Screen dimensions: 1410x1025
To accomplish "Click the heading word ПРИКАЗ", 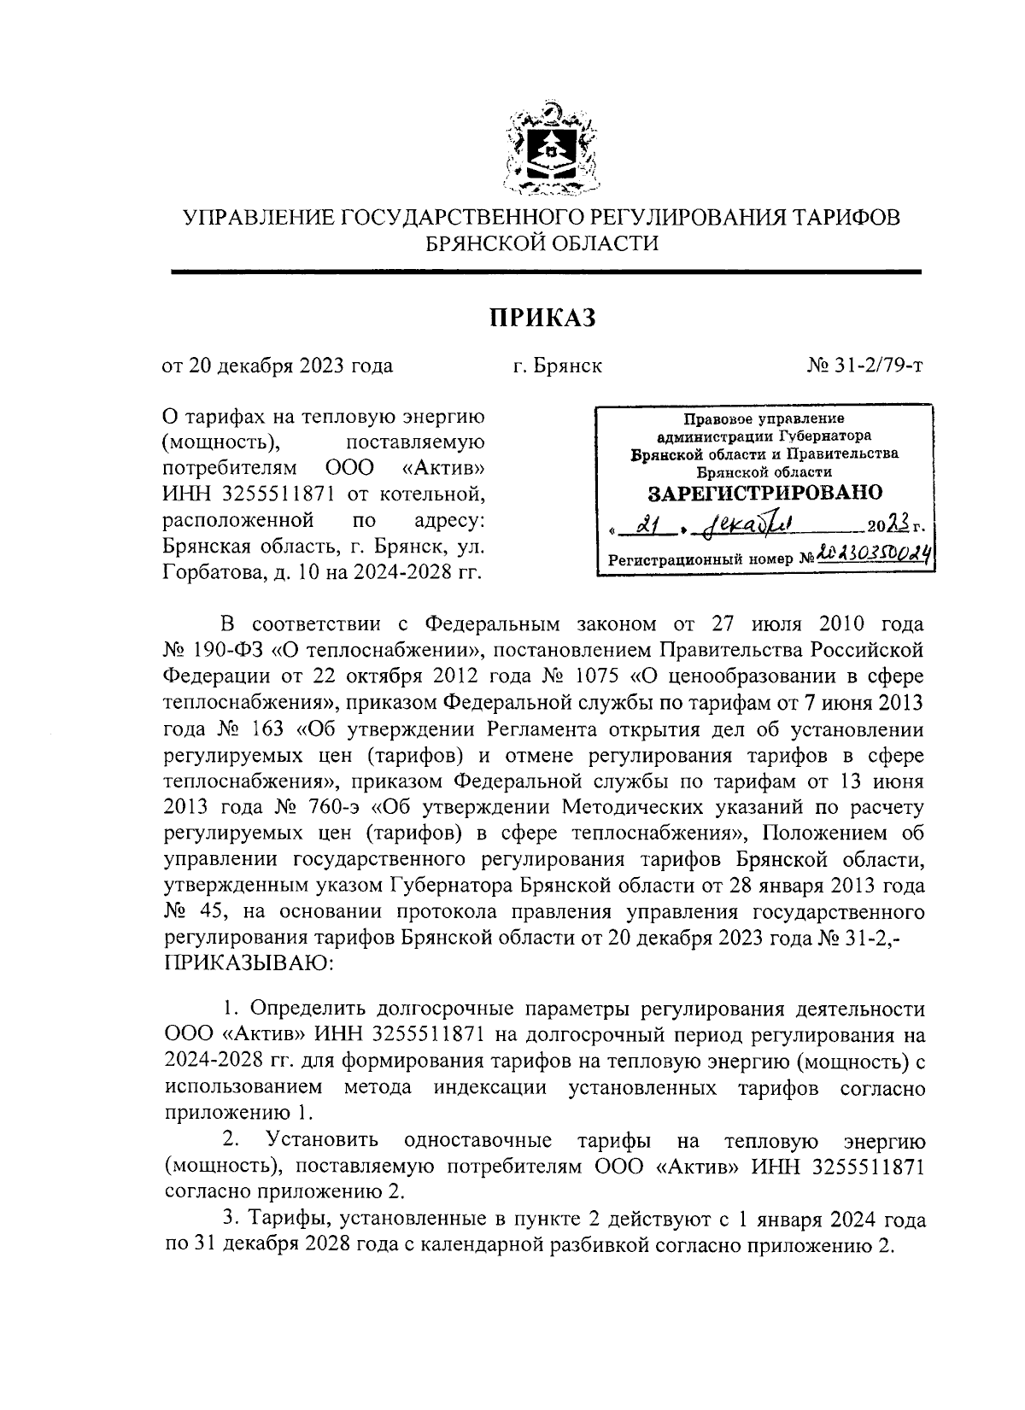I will tap(541, 318).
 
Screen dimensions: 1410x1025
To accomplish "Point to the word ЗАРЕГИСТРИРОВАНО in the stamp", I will tap(765, 493).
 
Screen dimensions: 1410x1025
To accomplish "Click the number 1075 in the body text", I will tap(600, 676).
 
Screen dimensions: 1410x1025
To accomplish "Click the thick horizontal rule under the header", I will tap(547, 272).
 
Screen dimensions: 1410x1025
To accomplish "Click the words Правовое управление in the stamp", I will tap(764, 419).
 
